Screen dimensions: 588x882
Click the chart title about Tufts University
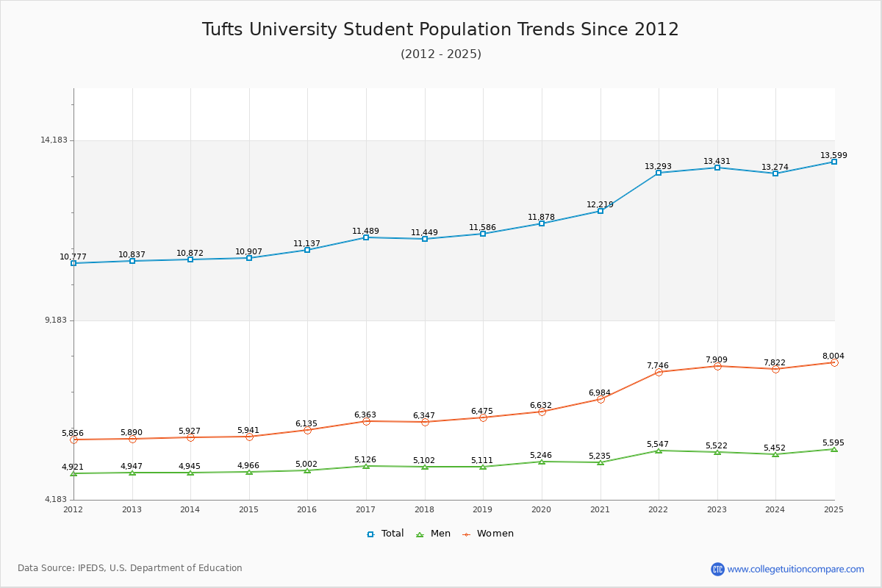(440, 29)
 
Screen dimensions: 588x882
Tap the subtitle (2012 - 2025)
(440, 54)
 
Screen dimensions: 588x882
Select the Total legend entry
(385, 534)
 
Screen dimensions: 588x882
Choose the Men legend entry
(434, 534)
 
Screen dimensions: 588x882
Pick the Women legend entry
(488, 534)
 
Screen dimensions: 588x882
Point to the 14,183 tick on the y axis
(54, 140)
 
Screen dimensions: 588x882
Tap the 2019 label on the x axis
(482, 509)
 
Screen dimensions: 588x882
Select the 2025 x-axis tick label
(833, 509)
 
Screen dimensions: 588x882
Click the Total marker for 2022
(659, 173)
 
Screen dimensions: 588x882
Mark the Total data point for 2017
(366, 237)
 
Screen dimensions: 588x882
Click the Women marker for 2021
(600, 399)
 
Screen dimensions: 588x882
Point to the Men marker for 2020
(542, 462)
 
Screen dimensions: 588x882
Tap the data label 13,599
(833, 155)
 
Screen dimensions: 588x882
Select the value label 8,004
(833, 356)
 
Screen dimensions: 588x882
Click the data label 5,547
(659, 445)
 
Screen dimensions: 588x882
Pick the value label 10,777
(73, 257)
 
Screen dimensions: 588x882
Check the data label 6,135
(306, 423)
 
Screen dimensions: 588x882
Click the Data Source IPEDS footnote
(130, 568)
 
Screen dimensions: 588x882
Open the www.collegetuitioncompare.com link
(795, 569)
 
